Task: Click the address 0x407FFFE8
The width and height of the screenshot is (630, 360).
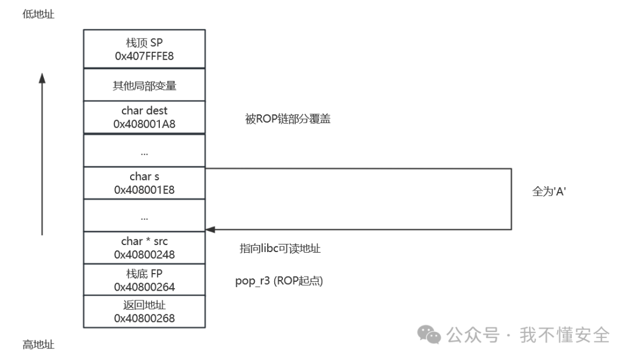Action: click(144, 55)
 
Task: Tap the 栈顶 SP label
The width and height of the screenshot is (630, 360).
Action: click(144, 43)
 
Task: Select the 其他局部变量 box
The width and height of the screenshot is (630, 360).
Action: click(144, 86)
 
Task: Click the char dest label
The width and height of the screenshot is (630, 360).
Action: click(144, 111)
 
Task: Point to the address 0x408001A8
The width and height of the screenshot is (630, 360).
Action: click(144, 124)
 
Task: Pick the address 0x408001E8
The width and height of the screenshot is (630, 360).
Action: click(144, 190)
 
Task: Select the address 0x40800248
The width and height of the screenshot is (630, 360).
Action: click(144, 254)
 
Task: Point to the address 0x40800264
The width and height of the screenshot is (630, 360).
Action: click(144, 286)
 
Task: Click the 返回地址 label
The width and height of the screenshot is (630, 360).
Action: click(144, 305)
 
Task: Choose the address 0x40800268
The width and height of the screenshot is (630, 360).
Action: click(144, 318)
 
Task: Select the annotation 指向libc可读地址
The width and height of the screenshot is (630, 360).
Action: click(280, 249)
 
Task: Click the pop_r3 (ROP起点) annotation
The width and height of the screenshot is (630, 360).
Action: click(278, 281)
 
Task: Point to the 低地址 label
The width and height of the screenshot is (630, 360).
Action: click(38, 15)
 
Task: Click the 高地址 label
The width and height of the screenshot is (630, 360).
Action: click(38, 345)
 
